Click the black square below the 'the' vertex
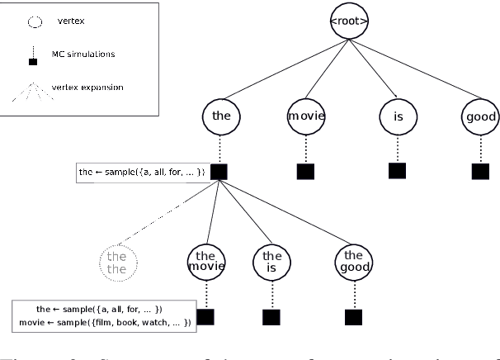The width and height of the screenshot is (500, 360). (219, 172)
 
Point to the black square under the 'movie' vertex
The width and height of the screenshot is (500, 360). (306, 172)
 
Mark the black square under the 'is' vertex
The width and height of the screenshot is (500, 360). (398, 171)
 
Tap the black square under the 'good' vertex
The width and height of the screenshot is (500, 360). (480, 172)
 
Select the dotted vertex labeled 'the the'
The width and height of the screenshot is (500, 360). (117, 263)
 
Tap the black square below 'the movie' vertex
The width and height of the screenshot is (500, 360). (205, 316)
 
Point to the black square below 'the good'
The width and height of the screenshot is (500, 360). (354, 316)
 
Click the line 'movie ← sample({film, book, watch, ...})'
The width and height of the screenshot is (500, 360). (103, 322)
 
